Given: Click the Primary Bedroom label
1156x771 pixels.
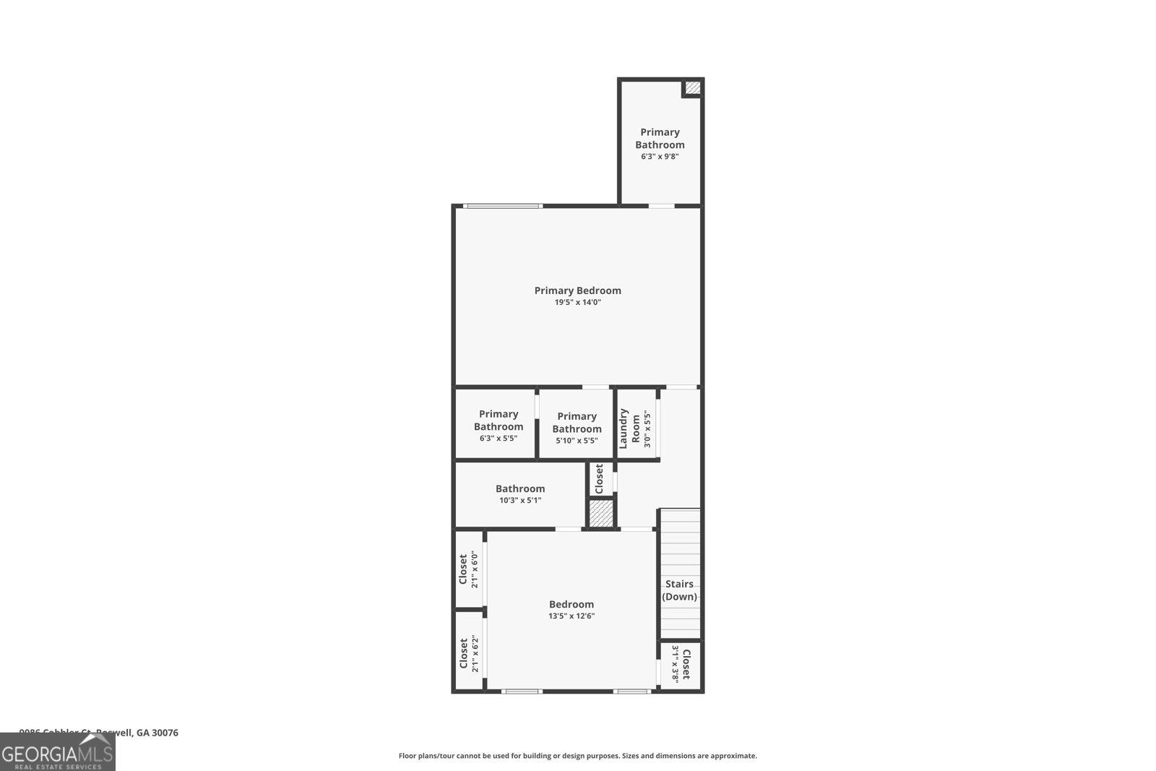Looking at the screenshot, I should [577, 290].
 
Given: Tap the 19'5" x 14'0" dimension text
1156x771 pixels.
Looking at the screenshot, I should [577, 303].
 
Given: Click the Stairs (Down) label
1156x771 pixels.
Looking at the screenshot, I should [679, 590].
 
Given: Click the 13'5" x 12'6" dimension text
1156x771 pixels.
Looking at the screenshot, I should [571, 616].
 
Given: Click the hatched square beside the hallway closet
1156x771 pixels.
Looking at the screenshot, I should [600, 514].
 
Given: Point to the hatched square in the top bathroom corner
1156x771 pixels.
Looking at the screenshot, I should [692, 88].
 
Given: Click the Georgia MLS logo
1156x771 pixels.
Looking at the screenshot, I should [58, 752].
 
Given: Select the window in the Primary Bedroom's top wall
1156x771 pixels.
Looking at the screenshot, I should [503, 206].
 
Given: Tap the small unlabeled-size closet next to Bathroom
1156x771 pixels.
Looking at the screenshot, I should [599, 478].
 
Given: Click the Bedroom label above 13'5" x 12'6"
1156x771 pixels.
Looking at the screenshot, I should [571, 604].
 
